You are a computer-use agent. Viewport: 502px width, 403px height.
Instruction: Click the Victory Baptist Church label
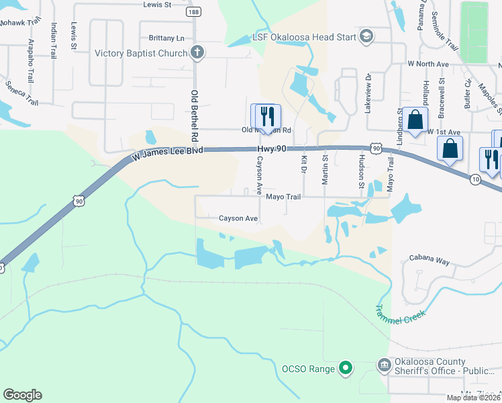[141, 53]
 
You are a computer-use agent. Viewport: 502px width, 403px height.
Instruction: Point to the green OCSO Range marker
[346, 367]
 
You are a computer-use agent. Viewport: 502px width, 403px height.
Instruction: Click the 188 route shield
[195, 13]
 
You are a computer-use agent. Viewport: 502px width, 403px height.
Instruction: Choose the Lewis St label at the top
[158, 4]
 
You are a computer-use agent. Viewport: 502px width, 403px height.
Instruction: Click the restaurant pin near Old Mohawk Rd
[266, 116]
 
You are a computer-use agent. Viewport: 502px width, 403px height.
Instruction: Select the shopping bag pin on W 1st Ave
[416, 121]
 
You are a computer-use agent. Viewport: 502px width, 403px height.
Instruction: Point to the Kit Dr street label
[304, 164]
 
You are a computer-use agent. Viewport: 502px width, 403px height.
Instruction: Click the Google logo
[22, 395]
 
